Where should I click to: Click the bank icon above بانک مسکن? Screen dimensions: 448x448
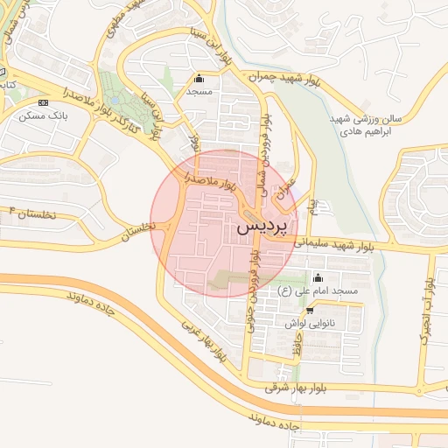(x=44, y=102)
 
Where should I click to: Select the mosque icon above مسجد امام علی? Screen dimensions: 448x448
(x=317, y=278)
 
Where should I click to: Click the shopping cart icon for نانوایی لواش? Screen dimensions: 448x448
(x=310, y=310)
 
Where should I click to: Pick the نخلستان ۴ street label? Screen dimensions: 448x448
(x=31, y=213)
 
